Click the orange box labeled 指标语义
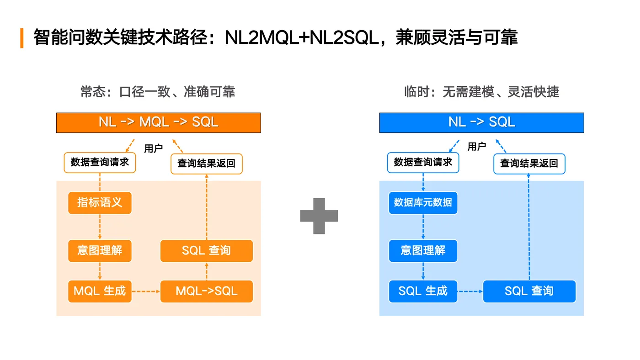[x=100, y=203]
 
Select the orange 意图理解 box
[x=100, y=251]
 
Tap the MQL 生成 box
[x=100, y=291]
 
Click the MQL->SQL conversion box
[x=206, y=291]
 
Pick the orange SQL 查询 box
[x=206, y=251]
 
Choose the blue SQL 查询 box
[x=529, y=291]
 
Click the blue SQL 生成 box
[x=423, y=291]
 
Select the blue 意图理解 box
[x=423, y=251]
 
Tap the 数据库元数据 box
[x=423, y=203]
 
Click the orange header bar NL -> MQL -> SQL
[x=158, y=122]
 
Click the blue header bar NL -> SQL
[x=481, y=122]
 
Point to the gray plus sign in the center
[x=319, y=216]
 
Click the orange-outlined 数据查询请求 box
[x=100, y=163]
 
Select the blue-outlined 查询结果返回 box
[x=529, y=164]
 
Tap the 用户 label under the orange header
[x=153, y=148]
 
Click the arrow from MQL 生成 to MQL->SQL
[x=145, y=291]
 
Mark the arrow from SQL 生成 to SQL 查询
[x=470, y=291]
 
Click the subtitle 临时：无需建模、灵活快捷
[x=481, y=92]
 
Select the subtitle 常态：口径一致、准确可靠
[x=158, y=92]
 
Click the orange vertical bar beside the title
[x=21, y=38]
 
